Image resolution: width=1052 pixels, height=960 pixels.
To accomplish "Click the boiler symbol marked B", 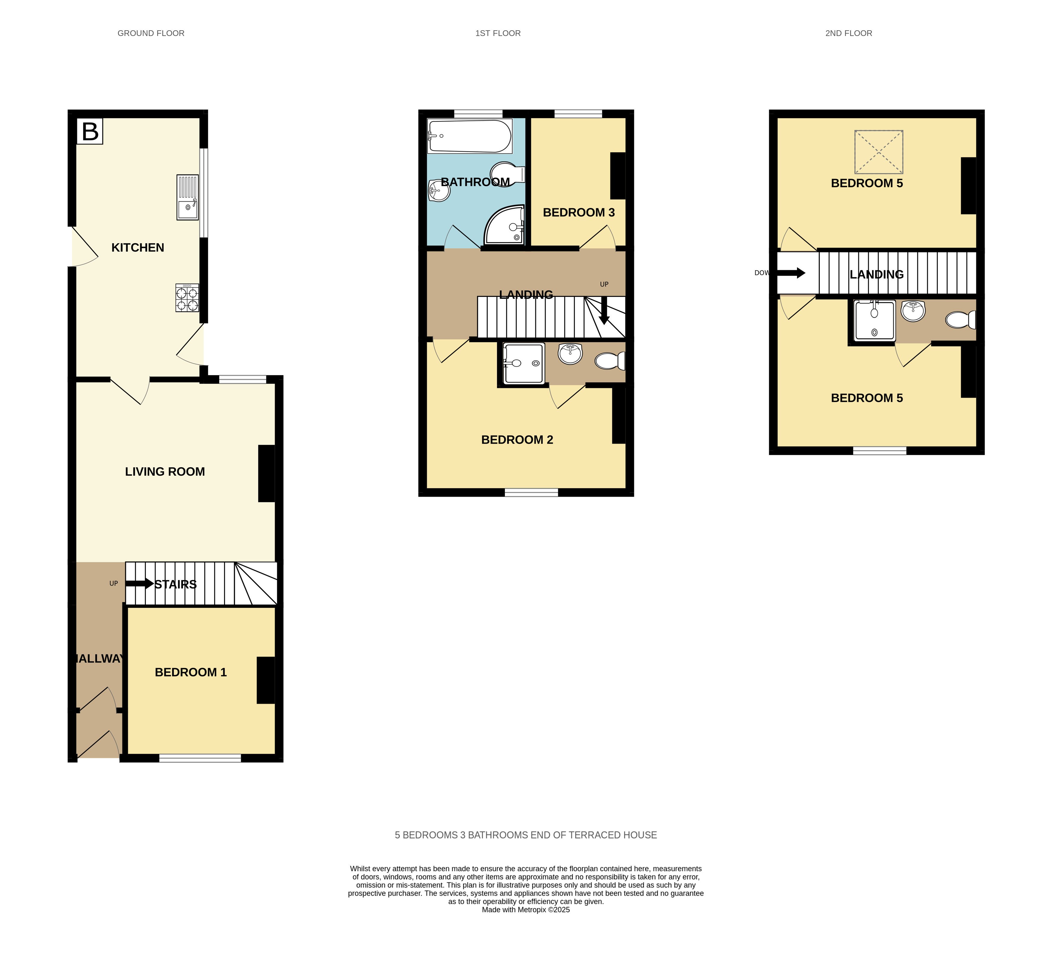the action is (x=90, y=131).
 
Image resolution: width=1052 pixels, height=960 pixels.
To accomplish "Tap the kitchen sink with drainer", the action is (x=187, y=197).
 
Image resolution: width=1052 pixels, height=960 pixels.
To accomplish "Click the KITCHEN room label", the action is (x=138, y=248).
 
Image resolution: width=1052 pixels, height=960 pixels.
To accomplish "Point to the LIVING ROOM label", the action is (x=165, y=472).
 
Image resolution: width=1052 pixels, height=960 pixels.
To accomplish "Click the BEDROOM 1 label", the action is (x=191, y=672).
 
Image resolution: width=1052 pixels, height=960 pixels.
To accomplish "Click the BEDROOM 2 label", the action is (x=517, y=440).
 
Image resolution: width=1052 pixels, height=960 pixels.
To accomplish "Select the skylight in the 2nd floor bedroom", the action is (x=879, y=152).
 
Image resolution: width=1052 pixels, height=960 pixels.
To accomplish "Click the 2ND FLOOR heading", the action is (x=849, y=33).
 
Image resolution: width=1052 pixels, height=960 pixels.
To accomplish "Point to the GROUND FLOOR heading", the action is (x=151, y=33).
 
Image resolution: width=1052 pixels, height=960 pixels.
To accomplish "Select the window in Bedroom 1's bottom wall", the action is (x=200, y=758).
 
